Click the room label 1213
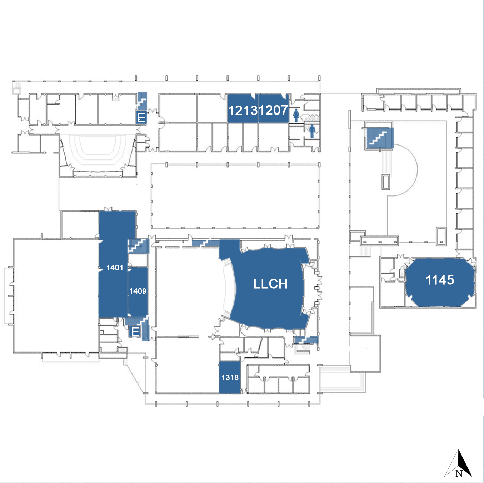pos(243,110)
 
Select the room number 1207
pos(273,110)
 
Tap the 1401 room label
pos(115,268)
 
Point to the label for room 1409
pos(138,291)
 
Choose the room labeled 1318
pos(230,377)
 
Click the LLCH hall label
pos(270,284)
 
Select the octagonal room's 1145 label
pos(440,280)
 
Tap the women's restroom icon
pos(296,115)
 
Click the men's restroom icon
pos(312,131)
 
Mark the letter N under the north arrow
pos(459,474)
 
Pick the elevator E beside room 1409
pos(135,332)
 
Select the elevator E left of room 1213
pos(141,117)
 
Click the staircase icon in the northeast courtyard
pos(378,138)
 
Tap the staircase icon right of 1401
pos(138,245)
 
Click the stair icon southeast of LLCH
pos(305,340)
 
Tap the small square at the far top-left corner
pos(16,91)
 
